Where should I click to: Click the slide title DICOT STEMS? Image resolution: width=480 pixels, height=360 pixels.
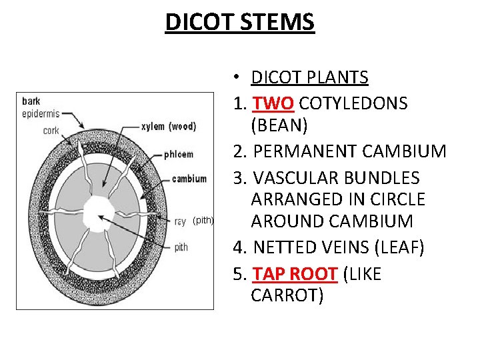pos(239,22)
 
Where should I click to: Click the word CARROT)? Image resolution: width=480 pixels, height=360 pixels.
pos(287,295)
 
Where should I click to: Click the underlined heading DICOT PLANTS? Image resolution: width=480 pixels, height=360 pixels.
pos(309,77)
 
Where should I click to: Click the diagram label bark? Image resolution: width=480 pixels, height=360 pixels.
pos(31,101)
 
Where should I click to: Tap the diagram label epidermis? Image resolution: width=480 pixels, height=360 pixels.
pos(42,113)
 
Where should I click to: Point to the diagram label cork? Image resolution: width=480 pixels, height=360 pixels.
pos(51,131)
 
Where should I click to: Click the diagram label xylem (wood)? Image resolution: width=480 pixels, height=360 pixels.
pos(169,126)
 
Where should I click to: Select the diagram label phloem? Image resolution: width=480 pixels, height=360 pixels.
pos(178,154)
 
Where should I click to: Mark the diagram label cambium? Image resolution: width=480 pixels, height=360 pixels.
pos(189,179)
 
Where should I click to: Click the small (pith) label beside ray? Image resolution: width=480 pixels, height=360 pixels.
pos(203,220)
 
